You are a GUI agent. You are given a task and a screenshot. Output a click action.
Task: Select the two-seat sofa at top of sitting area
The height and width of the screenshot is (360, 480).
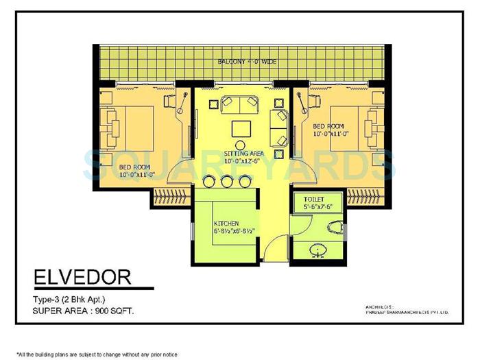(x=238, y=104)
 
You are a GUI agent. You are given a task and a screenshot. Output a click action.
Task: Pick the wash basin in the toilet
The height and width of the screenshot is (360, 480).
(x=318, y=249)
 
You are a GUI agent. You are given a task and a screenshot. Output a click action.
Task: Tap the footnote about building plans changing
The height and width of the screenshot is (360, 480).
(x=97, y=354)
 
